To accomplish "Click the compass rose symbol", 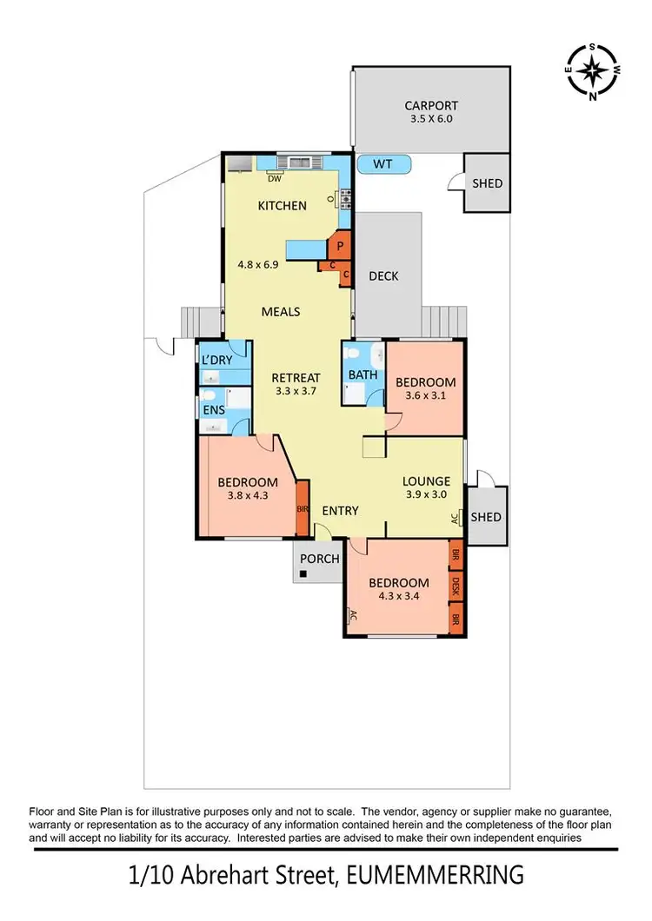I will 592,70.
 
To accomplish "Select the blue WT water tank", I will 383,163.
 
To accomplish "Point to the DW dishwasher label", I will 275,179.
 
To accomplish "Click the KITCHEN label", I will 282,206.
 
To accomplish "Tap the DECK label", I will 383,276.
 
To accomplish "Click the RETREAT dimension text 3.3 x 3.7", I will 296,393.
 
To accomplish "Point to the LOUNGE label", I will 426,480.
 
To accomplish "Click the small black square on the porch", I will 303,574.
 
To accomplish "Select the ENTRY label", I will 340,511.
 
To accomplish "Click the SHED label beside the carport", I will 487,183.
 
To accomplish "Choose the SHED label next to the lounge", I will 486,517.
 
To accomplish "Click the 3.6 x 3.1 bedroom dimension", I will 425,397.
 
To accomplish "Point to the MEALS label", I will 281,311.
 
